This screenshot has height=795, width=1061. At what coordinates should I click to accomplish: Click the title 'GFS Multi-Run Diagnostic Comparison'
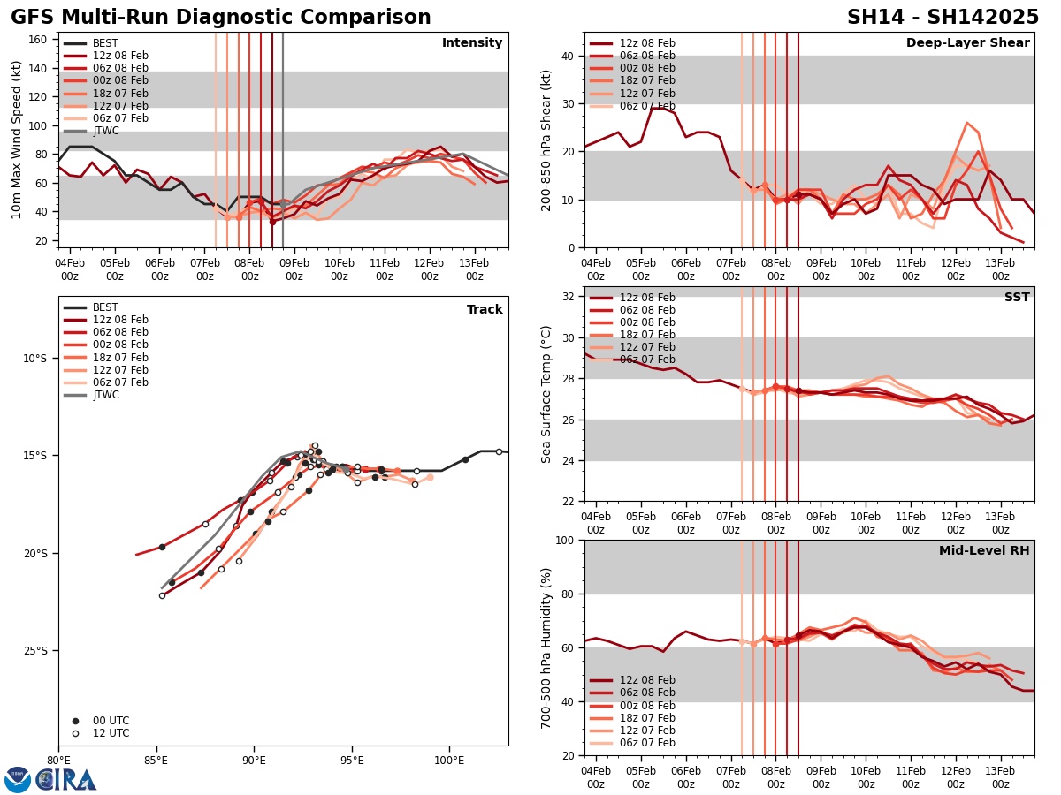(x=221, y=18)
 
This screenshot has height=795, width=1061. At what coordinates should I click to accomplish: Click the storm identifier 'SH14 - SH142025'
(x=943, y=18)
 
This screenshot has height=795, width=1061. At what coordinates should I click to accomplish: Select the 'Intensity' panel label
(x=472, y=43)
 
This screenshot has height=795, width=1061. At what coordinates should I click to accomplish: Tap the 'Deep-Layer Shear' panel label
(x=967, y=43)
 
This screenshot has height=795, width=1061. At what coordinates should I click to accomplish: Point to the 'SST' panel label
(x=1016, y=298)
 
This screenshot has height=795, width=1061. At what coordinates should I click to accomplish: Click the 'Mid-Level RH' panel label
(x=984, y=551)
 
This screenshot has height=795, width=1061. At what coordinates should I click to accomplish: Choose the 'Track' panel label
(x=485, y=310)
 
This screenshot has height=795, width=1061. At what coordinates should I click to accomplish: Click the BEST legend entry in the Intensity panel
(x=104, y=43)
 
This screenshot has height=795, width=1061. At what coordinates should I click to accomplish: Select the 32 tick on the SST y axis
(x=567, y=297)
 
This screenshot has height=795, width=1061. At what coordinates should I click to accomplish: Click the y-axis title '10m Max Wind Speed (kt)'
(x=17, y=140)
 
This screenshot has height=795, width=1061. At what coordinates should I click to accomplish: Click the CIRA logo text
(x=66, y=779)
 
